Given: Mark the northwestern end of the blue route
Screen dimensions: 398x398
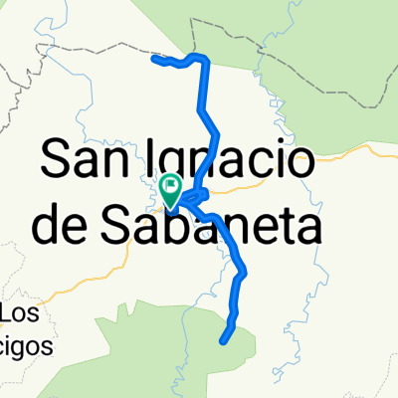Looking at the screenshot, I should point(154,59).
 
